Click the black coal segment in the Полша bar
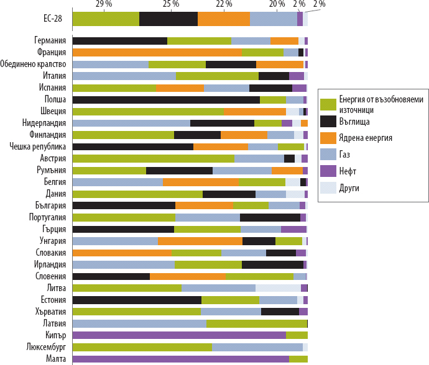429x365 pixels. click(166, 99)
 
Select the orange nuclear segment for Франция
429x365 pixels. click(157, 52)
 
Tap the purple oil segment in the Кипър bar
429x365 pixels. click(179, 335)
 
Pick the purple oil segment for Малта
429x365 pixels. click(181, 359)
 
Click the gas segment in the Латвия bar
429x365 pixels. click(139, 323)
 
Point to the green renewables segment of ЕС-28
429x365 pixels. click(106, 19)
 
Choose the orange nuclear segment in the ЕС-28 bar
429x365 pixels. click(224, 19)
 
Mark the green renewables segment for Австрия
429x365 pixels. click(154, 158)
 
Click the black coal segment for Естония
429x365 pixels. click(137, 300)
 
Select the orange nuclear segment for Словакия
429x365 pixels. click(122, 253)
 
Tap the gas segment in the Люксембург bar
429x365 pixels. click(257, 347)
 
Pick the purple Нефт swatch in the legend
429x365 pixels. click(328, 170)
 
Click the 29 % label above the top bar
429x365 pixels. click(104, 4)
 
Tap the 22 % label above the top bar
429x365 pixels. click(224, 4)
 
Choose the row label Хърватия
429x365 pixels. click(50, 312)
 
